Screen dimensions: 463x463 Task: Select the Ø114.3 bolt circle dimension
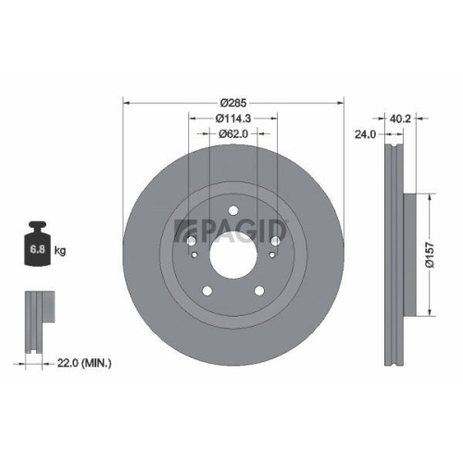[x=233, y=118]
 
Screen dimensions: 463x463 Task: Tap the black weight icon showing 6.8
[x=38, y=247]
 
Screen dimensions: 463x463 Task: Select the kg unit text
[x=59, y=251]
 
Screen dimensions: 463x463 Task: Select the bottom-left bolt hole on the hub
[x=208, y=282]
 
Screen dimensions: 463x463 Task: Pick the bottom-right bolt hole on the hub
[x=257, y=282]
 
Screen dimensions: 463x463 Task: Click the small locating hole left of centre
[x=192, y=243]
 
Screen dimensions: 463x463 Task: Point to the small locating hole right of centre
[x=274, y=243]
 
